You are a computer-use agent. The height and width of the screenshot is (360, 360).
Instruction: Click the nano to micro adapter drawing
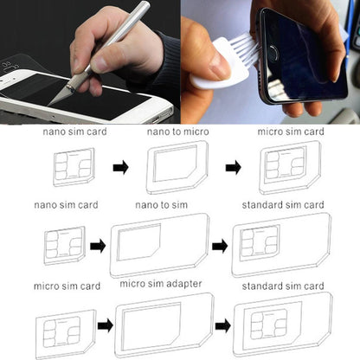[x=177, y=166]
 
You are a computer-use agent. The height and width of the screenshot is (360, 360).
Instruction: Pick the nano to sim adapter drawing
[x=159, y=245]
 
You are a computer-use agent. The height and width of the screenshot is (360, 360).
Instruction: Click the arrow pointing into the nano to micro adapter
[x=120, y=167]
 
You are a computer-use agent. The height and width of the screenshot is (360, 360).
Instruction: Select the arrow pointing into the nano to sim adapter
[x=98, y=246]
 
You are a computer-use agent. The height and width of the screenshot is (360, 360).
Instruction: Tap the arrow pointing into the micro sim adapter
[x=105, y=325]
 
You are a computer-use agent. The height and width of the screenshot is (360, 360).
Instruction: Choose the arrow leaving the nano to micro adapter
[x=233, y=167]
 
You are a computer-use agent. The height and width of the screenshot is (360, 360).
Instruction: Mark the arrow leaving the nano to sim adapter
[x=220, y=246]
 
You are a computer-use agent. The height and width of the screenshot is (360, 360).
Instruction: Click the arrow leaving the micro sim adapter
[x=223, y=325]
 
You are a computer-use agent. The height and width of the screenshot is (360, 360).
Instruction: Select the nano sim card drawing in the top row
[x=73, y=167]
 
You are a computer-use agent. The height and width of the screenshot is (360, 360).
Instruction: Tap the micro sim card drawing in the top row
[x=288, y=165]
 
